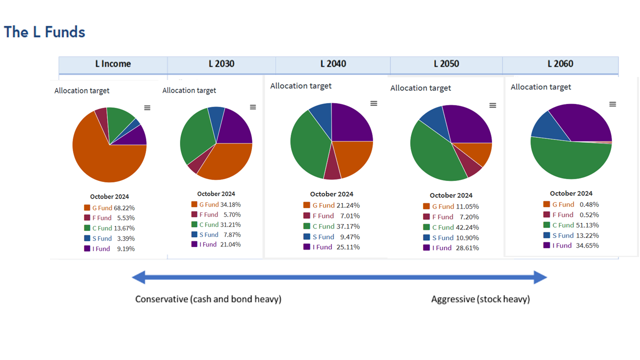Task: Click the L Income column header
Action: pos(113,64)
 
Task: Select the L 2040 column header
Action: pos(333,64)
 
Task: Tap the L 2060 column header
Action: pos(560,64)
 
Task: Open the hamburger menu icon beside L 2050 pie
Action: pos(492,105)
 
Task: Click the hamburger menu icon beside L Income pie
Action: pos(147,107)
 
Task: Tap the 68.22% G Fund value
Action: pos(124,208)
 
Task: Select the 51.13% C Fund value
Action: pos(588,225)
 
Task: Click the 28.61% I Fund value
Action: pos(468,248)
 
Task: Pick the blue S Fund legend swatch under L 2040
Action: pos(306,236)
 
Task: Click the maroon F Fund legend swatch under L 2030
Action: pos(194,214)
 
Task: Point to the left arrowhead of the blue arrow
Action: pos(137,277)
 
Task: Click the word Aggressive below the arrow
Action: pos(452,299)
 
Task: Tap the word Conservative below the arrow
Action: pos(161,299)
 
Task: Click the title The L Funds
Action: pos(44,32)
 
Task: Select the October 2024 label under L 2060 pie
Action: pos(570,193)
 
